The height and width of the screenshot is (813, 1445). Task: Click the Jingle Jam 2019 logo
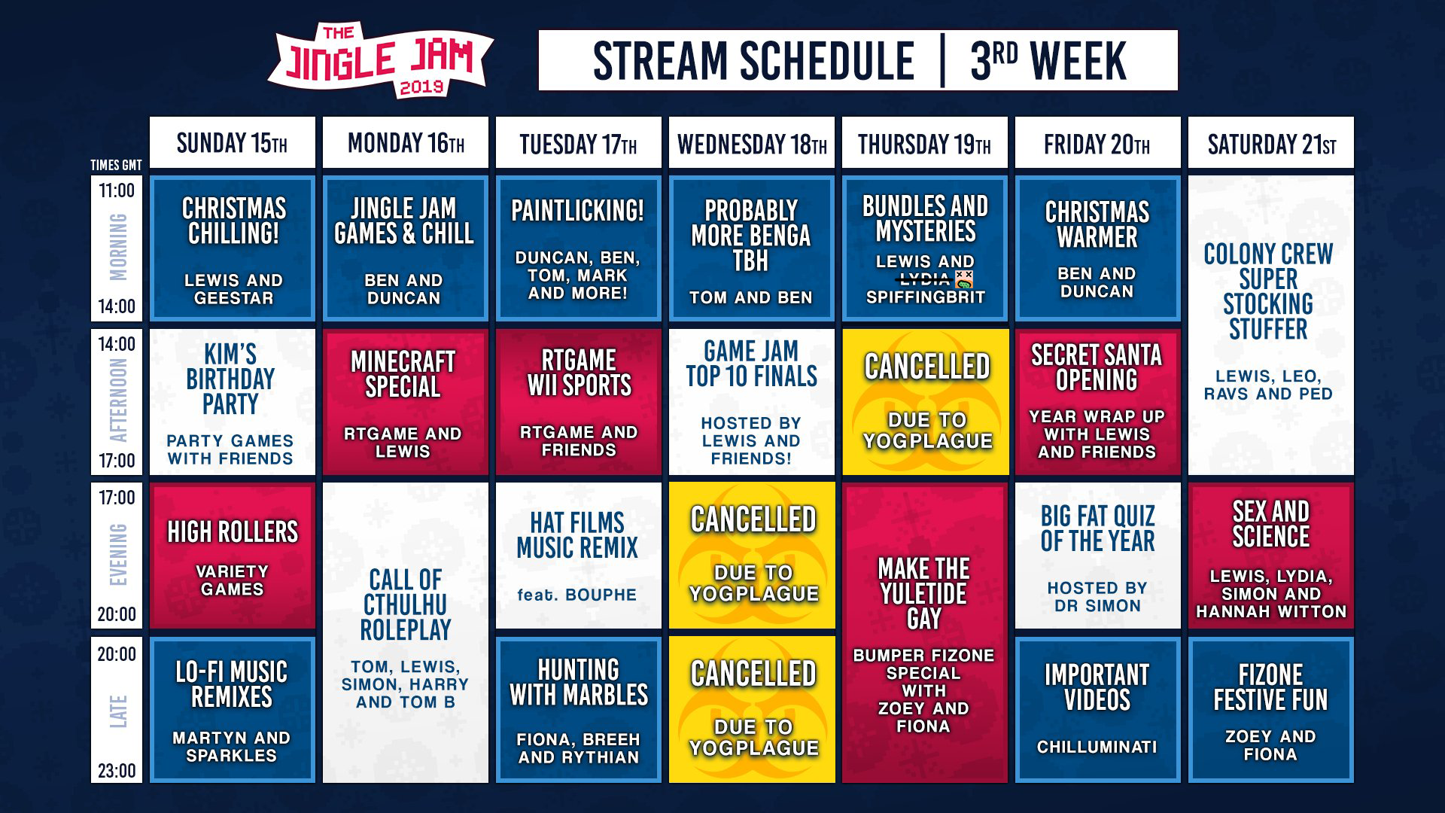click(381, 60)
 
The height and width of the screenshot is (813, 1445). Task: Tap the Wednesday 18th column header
click(752, 142)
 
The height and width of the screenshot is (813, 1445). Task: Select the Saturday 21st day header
click(1271, 142)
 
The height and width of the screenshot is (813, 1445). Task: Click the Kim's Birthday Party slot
click(233, 402)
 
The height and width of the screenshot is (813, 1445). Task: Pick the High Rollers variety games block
click(233, 556)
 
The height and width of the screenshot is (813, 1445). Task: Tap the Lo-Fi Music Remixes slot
click(233, 710)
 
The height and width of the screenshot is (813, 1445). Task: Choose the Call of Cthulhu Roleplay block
click(406, 632)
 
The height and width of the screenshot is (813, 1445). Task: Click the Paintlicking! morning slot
click(579, 248)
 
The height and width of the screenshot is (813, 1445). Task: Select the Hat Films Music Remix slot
click(579, 556)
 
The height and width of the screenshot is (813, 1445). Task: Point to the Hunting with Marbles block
click(579, 710)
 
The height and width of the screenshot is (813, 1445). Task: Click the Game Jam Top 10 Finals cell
click(752, 402)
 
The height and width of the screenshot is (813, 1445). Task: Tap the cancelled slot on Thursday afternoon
click(925, 402)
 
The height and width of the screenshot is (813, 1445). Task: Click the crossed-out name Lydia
click(925, 279)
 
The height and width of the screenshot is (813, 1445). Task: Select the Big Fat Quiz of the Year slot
click(1098, 556)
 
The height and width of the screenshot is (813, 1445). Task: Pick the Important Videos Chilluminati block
click(1098, 710)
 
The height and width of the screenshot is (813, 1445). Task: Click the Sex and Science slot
click(1271, 556)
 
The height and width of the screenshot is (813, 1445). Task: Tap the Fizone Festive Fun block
click(1271, 710)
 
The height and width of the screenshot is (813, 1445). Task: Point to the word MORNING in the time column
click(118, 248)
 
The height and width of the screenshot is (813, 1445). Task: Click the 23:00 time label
click(117, 770)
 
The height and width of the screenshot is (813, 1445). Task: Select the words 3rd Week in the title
click(1048, 61)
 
